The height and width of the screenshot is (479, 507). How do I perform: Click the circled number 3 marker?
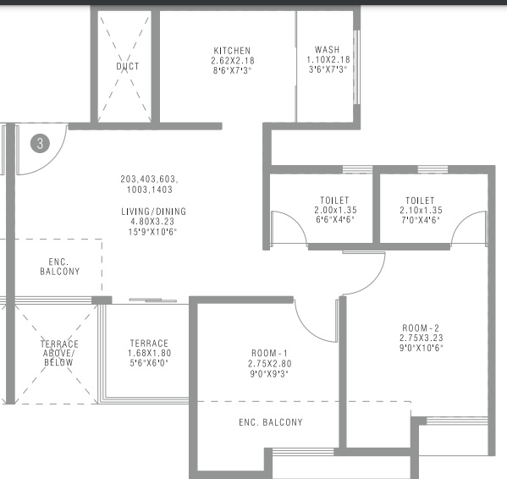click(x=40, y=144)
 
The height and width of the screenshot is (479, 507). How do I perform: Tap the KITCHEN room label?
click(x=232, y=51)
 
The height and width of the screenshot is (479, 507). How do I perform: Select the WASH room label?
click(x=328, y=50)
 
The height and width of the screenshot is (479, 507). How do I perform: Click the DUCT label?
click(x=128, y=66)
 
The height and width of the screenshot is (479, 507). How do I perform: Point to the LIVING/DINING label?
click(x=154, y=212)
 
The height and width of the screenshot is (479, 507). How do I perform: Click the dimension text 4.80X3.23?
click(x=152, y=222)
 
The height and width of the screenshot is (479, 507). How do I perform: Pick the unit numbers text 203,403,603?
click(x=149, y=179)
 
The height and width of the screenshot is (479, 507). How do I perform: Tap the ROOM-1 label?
click(x=269, y=353)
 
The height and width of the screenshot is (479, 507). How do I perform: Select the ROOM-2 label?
click(x=421, y=328)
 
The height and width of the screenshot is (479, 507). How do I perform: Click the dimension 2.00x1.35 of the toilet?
click(x=336, y=210)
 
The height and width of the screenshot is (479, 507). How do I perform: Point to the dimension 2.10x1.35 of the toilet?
click(x=421, y=210)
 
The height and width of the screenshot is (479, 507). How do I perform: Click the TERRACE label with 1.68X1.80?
click(x=149, y=343)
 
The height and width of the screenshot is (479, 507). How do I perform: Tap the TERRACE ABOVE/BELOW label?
click(x=59, y=353)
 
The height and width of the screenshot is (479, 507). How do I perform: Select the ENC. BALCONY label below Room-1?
click(x=271, y=422)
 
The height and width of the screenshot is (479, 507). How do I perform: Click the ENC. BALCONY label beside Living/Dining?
click(x=60, y=267)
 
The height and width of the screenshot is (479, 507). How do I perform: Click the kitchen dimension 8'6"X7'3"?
click(x=232, y=70)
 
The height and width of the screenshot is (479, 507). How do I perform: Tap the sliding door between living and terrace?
click(x=153, y=300)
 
